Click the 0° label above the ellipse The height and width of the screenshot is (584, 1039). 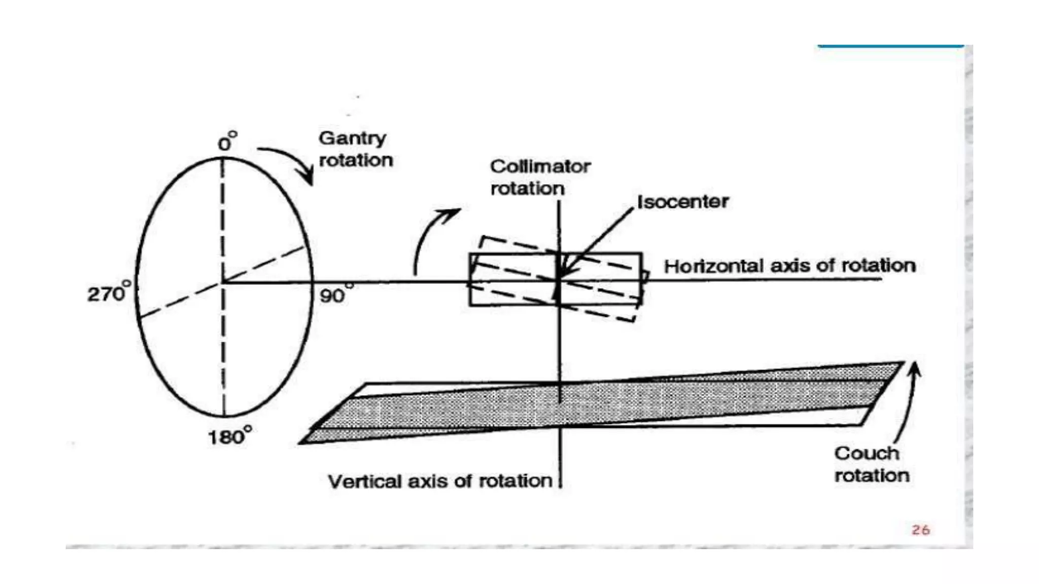point(227,142)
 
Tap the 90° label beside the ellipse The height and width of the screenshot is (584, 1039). point(335,295)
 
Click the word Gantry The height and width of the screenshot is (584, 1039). point(352,138)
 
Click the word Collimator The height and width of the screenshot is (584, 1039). point(540,166)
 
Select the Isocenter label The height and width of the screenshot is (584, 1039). point(682,202)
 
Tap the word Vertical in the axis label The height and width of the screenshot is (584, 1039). point(364,481)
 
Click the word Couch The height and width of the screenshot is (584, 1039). point(867,453)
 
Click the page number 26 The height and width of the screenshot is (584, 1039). point(920,530)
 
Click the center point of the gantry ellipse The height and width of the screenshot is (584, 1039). point(223,282)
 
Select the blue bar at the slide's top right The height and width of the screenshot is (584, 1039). point(890,46)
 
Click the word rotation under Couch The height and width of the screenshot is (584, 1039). point(872,476)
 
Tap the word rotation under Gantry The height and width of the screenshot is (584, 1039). point(356,160)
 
